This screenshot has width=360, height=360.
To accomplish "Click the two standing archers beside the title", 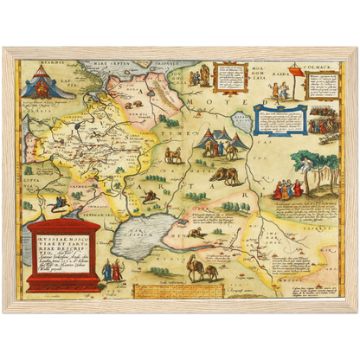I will tap(112, 271).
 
